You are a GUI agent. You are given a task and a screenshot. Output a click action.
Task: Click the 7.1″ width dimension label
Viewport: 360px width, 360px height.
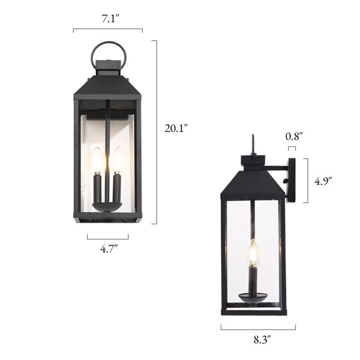coord(110,19)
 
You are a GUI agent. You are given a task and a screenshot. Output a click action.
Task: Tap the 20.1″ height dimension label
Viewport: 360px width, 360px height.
coord(176,128)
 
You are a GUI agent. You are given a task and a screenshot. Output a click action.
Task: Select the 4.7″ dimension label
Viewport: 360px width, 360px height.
coord(109,248)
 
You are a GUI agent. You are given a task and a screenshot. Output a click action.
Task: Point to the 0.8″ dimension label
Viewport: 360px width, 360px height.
coord(293,137)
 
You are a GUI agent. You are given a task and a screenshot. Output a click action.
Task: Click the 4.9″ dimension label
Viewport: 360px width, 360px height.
coord(323,181)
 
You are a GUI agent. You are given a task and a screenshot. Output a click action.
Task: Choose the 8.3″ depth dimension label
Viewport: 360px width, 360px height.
coord(262,340)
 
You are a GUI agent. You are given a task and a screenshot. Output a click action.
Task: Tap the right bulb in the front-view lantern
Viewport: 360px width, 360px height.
coord(118,159)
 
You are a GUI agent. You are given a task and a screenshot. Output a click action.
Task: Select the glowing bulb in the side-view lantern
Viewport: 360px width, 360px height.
coord(253,253)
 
